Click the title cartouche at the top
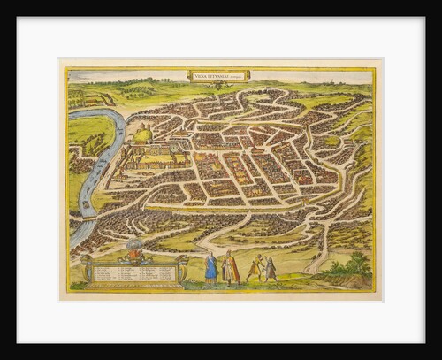click(217, 75)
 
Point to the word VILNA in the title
click(200, 75)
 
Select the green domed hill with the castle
click(141, 136)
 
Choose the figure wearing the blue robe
click(210, 267)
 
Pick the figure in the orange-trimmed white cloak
click(230, 267)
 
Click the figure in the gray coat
click(271, 269)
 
